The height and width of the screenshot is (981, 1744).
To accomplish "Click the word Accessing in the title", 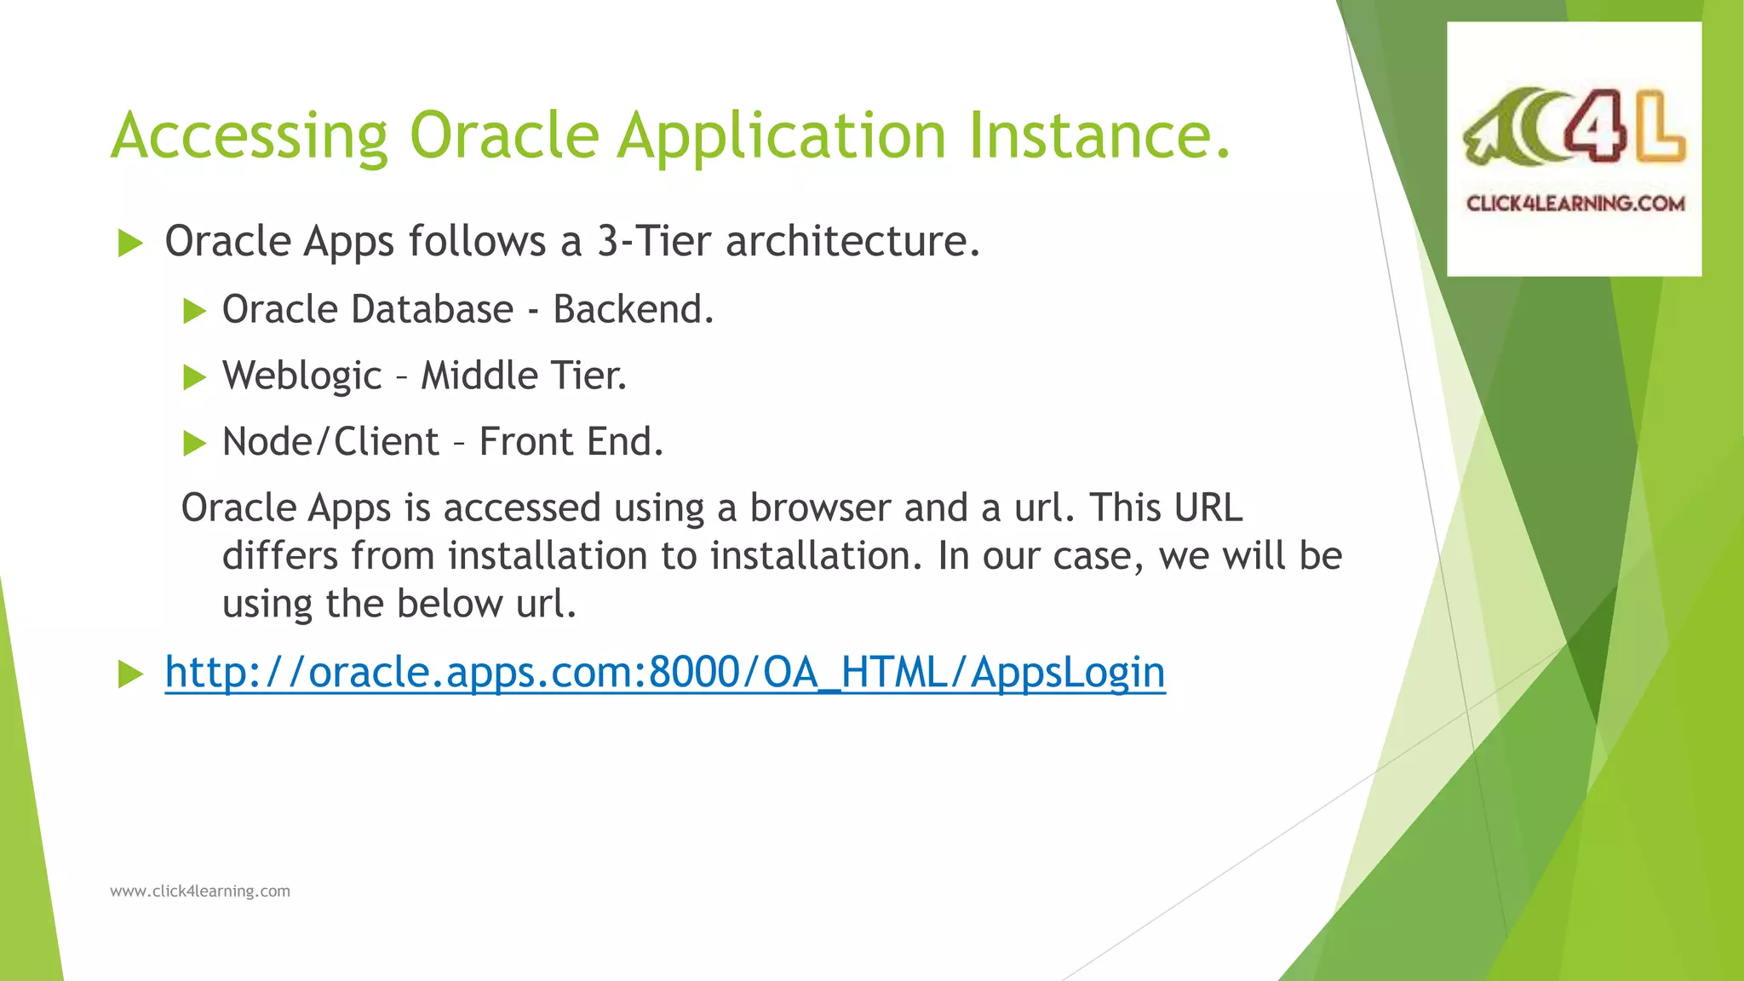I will click(250, 136).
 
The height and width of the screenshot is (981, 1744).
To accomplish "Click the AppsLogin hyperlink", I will click(664, 672).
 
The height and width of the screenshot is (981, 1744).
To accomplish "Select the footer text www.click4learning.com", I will click(200, 892).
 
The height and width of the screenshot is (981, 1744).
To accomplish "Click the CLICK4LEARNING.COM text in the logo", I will click(1575, 204).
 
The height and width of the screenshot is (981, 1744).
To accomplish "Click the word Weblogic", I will click(302, 376).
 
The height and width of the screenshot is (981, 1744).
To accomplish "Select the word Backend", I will click(633, 309).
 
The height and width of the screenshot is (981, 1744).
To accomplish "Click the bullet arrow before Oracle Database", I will click(195, 311).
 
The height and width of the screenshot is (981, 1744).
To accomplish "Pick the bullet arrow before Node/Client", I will click(195, 444).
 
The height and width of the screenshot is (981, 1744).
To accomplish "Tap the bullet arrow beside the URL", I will click(130, 674).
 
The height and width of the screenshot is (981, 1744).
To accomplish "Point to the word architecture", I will click(852, 241).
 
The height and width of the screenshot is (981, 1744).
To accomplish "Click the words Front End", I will click(571, 442).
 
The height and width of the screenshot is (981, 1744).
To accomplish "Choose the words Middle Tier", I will click(524, 376).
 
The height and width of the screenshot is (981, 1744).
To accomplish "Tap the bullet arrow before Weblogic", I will click(195, 377).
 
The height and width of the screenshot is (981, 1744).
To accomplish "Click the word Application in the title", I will click(781, 136).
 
